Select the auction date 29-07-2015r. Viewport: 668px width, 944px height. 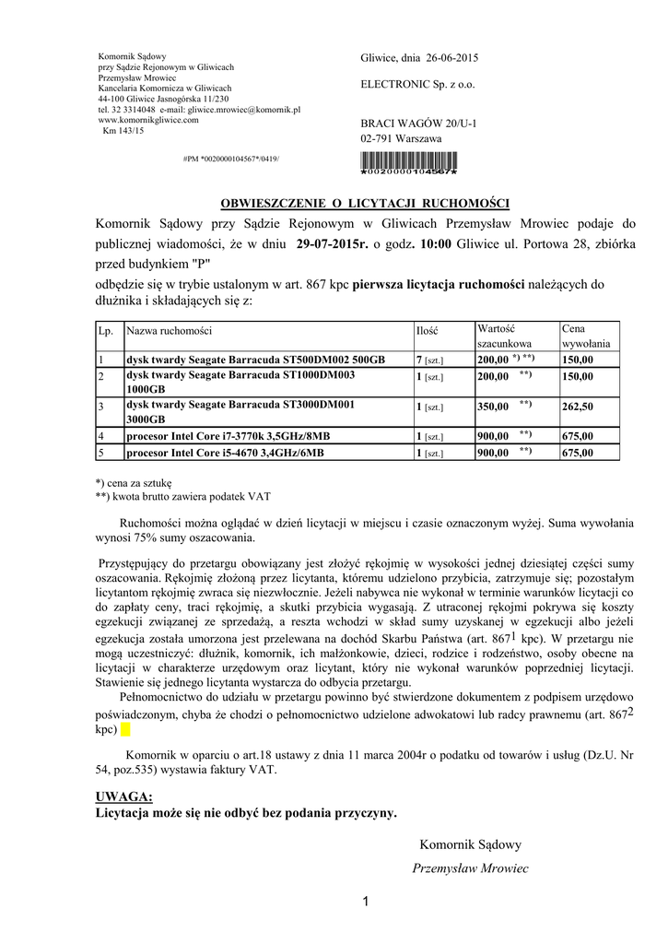coord(332,244)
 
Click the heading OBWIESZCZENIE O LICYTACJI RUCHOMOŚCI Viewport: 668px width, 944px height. coord(364,203)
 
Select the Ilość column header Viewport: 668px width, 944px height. coord(427,330)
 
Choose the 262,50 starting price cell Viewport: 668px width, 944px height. coord(578,406)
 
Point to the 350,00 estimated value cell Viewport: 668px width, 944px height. coord(492,406)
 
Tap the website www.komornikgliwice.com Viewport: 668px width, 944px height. coord(148,120)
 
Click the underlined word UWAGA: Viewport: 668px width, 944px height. coord(124,796)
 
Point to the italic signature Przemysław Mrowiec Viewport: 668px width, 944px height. coord(470,868)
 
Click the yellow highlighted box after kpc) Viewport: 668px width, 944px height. coord(126,730)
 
